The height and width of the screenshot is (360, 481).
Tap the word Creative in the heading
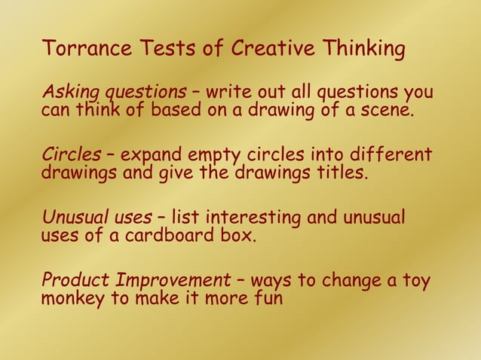pyautogui.click(x=272, y=50)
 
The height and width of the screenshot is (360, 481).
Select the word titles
pyautogui.click(x=339, y=174)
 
